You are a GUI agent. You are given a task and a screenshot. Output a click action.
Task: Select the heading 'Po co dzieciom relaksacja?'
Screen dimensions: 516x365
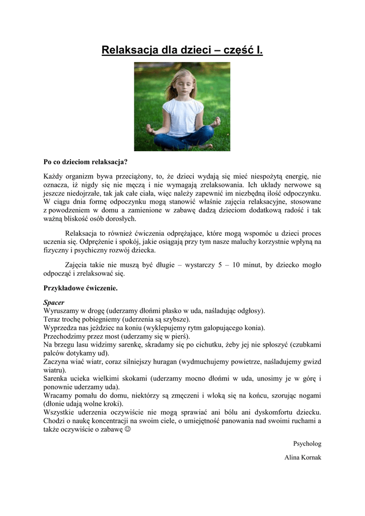[86, 162]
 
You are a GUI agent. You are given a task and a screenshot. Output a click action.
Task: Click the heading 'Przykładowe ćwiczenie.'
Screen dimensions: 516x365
[81, 288]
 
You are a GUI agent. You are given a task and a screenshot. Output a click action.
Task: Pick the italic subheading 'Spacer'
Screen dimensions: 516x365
[54, 303]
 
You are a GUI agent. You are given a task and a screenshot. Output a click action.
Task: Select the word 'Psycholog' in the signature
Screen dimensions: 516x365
[307, 444]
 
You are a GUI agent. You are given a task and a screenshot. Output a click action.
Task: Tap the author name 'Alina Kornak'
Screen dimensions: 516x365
[303, 458]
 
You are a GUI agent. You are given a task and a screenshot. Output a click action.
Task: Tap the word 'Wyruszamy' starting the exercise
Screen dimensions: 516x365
[61, 311]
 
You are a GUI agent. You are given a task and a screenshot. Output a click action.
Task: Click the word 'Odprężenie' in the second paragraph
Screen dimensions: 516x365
[61, 241]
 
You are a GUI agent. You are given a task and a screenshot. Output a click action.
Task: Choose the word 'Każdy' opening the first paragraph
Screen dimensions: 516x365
[53, 176]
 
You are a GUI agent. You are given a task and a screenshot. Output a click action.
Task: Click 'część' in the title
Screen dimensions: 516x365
[238, 50]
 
